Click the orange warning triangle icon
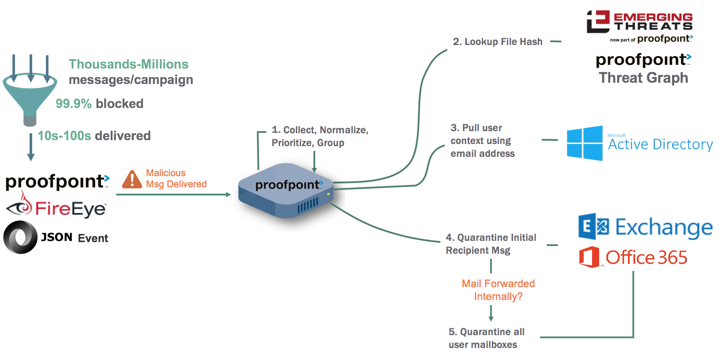tap(132, 179)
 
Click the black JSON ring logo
tap(20, 237)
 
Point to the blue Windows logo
tap(584, 143)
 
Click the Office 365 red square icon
tap(589, 257)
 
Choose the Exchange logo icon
tap(593, 226)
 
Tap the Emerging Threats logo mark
tap(598, 21)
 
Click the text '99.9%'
tap(73, 104)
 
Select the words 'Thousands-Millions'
tap(128, 64)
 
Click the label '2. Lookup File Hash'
tap(497, 42)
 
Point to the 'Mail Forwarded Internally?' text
tap(498, 290)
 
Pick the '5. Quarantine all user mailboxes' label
tap(486, 338)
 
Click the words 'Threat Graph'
tap(643, 78)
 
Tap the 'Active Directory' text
tap(660, 144)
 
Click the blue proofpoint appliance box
tap(285, 191)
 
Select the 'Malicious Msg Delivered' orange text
tap(176, 178)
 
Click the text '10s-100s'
tap(64, 136)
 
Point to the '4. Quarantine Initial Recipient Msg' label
tap(491, 244)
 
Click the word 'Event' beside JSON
tap(93, 238)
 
